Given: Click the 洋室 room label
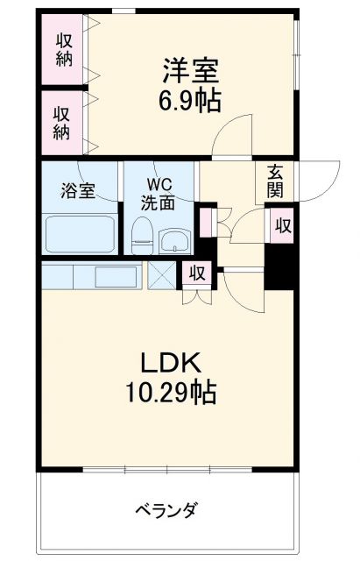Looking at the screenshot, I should pos(187,69).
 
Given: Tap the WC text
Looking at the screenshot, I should pos(159,185).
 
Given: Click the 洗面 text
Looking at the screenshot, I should pos(159,202).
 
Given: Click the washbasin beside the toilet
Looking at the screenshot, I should pos(174,239).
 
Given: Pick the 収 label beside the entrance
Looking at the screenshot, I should pos(281,225).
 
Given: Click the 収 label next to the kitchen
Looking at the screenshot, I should pos(197,273).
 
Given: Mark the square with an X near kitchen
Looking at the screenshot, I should pos(161,274).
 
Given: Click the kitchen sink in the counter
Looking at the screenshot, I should pos(112,276).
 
